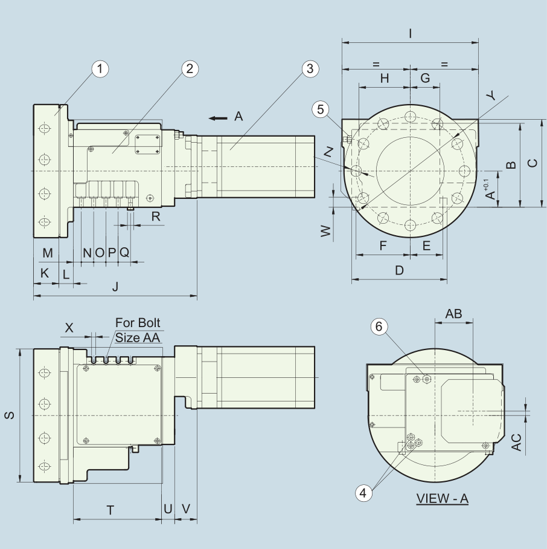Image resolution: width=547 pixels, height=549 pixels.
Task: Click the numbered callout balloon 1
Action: pyautogui.click(x=100, y=69)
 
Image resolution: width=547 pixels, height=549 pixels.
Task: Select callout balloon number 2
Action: pyautogui.click(x=190, y=69)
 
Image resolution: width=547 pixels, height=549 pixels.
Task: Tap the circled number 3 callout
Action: pyautogui.click(x=310, y=69)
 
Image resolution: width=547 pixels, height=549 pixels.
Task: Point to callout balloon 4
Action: pyautogui.click(x=363, y=493)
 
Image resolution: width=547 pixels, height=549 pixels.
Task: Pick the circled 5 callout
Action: pyautogui.click(x=321, y=109)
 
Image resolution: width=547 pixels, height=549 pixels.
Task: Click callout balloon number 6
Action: pyautogui.click(x=379, y=326)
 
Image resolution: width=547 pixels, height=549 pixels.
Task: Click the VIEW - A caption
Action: pyautogui.click(x=442, y=498)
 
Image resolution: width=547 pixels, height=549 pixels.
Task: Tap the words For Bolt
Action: pyautogui.click(x=138, y=322)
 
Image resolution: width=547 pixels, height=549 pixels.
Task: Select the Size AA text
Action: pyautogui.click(x=138, y=337)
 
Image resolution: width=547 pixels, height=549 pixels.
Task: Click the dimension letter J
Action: pyautogui.click(x=115, y=287)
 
